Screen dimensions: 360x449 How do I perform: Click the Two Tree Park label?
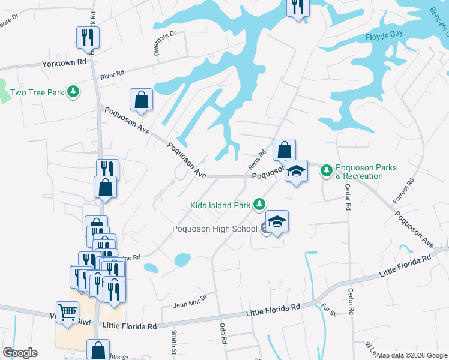click(x=37, y=93)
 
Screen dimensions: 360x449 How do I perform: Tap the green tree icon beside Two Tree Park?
click(x=73, y=92)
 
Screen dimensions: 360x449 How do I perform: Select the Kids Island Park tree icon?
click(x=259, y=205)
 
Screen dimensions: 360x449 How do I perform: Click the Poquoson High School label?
click(x=215, y=229)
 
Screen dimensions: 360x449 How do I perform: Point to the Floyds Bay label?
click(x=384, y=37)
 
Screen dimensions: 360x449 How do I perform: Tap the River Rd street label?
click(x=112, y=75)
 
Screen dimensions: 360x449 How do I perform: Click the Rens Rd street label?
click(x=256, y=160)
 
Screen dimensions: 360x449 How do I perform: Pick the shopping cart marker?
click(x=68, y=311)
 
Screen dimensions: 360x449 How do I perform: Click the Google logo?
click(x=20, y=353)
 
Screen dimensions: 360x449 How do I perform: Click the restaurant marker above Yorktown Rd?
click(x=88, y=37)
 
